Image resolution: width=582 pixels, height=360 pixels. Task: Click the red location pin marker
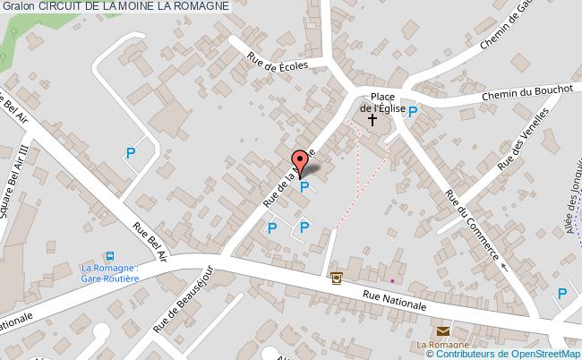point(300,159)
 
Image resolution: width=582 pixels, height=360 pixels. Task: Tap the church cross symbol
point(372,119)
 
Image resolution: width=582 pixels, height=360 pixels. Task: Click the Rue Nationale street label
point(394,300)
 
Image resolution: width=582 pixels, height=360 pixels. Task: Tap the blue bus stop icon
point(110,255)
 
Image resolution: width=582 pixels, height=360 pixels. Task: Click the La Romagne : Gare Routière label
point(110,272)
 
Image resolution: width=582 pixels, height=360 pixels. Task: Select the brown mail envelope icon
point(443,332)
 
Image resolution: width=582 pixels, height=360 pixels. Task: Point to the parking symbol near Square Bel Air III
point(131,153)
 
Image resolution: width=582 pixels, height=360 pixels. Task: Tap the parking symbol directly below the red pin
point(304,187)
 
